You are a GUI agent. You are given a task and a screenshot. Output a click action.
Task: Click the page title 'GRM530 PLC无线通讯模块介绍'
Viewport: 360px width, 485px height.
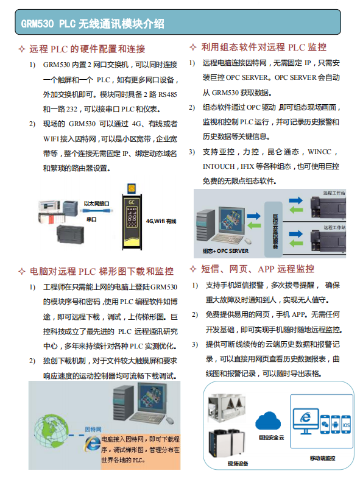point(93,24)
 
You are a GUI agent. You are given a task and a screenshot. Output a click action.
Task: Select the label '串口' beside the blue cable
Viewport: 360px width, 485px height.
point(91,218)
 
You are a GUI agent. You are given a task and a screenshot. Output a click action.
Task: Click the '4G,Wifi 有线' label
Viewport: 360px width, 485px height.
point(161,221)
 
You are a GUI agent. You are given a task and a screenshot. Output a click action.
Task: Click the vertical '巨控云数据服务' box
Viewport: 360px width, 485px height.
point(275,224)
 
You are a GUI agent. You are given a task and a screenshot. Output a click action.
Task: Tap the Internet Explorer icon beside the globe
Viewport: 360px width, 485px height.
point(92,444)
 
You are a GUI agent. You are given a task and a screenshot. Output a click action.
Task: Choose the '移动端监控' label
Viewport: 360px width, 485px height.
point(322,458)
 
